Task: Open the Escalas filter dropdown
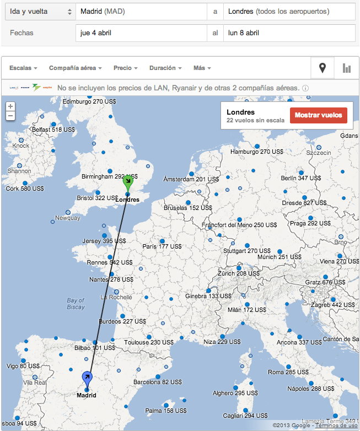(24, 68)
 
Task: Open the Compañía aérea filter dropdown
(76, 68)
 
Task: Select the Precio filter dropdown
(125, 68)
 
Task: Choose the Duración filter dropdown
(165, 68)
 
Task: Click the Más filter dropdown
(202, 68)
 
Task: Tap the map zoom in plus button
(10, 106)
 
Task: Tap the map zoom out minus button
(10, 116)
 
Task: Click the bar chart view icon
(346, 68)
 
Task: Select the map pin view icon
(323, 68)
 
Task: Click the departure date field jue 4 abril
(141, 33)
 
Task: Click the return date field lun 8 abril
(289, 33)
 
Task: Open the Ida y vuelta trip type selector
(39, 11)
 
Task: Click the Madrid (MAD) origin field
(141, 11)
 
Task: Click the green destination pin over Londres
(128, 182)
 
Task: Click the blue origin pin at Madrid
(87, 379)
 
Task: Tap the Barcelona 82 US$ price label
(157, 381)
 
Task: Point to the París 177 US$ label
(163, 246)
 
